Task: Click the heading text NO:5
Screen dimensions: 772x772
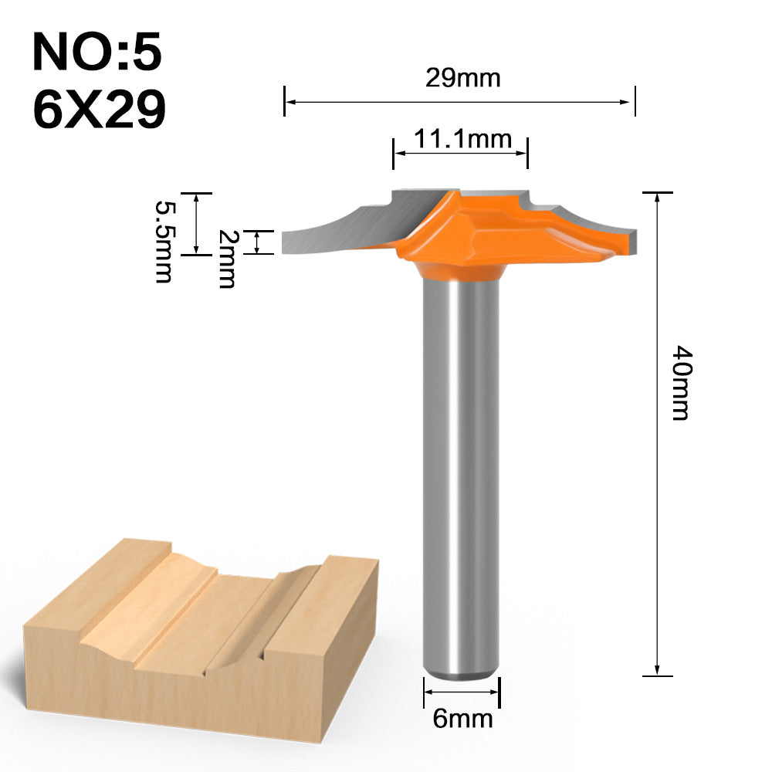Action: coord(97,52)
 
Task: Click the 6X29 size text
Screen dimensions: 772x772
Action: coord(100,110)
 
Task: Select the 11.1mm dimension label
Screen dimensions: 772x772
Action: coord(462,139)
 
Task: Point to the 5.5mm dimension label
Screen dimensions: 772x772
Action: coord(163,242)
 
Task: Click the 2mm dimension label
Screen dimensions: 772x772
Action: coord(225,259)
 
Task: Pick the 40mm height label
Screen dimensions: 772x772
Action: coord(679,381)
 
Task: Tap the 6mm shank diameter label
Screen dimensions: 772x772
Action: coord(462,718)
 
